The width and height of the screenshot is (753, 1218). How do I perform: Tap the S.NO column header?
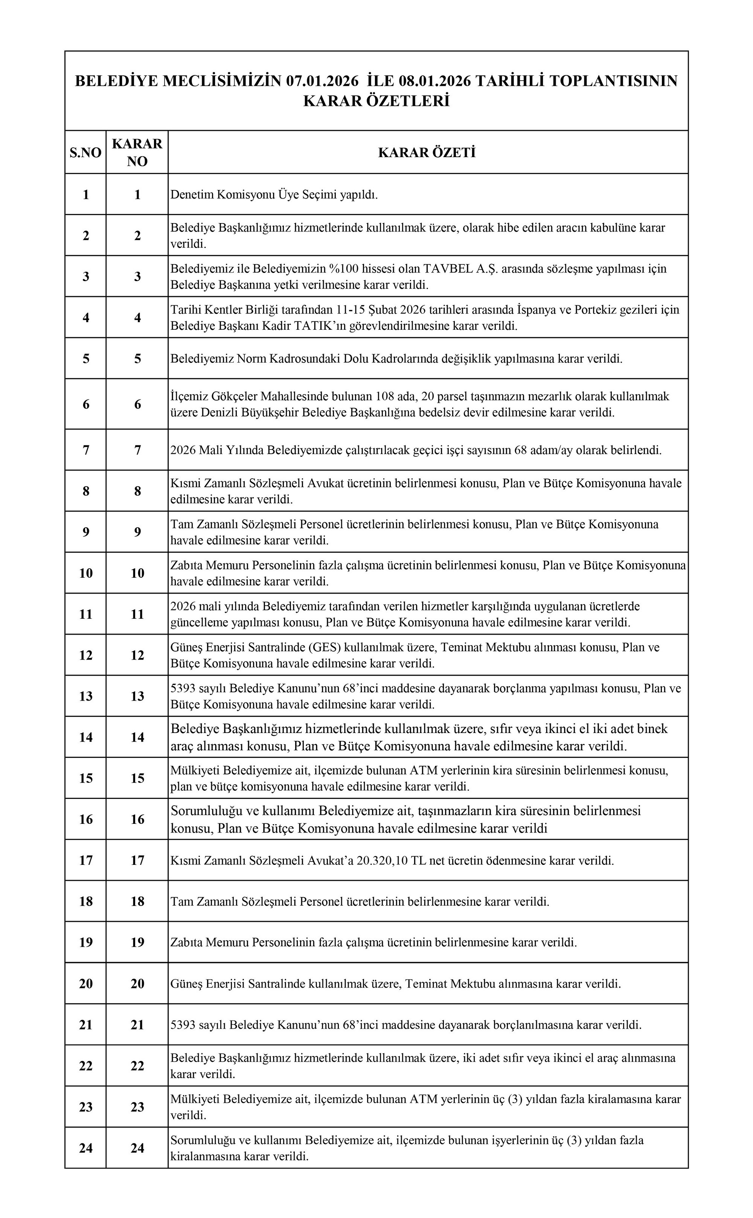pyautogui.click(x=86, y=153)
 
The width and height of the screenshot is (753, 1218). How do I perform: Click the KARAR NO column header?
pyautogui.click(x=137, y=153)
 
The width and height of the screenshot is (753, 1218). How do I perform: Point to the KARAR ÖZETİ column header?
pyautogui.click(x=427, y=153)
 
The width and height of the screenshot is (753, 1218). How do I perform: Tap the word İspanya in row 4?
pyautogui.click(x=534, y=310)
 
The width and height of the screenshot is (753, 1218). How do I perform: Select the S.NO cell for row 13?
pyautogui.click(x=86, y=696)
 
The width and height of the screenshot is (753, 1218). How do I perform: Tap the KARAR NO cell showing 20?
pyautogui.click(x=137, y=984)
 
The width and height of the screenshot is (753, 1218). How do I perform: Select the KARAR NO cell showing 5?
pyautogui.click(x=137, y=359)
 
